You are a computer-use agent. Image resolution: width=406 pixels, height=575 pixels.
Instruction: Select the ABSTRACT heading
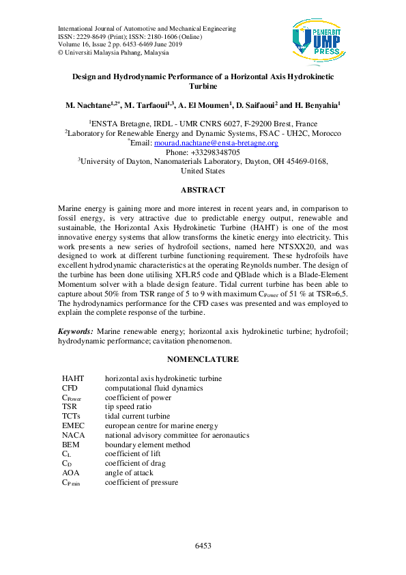[x=203, y=189]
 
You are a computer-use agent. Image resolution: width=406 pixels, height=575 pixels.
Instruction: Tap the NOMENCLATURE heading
[x=203, y=359]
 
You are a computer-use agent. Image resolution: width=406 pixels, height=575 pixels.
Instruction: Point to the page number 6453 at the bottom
[x=203, y=546]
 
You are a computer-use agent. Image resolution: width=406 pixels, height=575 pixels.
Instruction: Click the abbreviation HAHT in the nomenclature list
[x=72, y=378]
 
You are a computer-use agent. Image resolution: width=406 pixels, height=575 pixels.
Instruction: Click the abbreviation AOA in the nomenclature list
[x=71, y=473]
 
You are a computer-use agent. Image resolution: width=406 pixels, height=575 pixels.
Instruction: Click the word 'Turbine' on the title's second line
[x=203, y=87]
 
